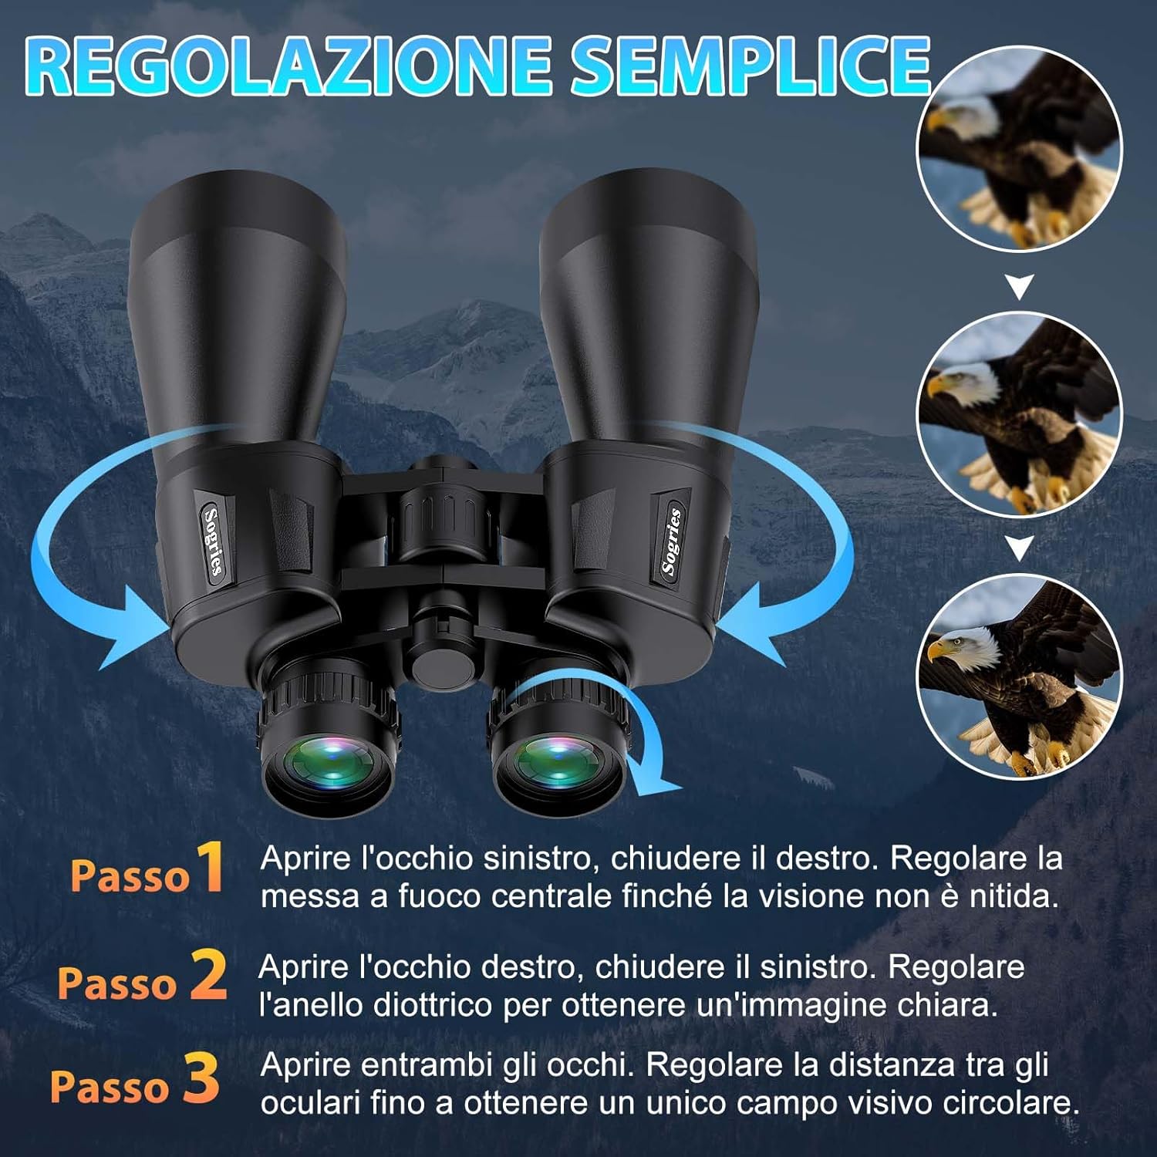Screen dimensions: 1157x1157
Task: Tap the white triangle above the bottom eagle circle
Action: click(x=1020, y=549)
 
